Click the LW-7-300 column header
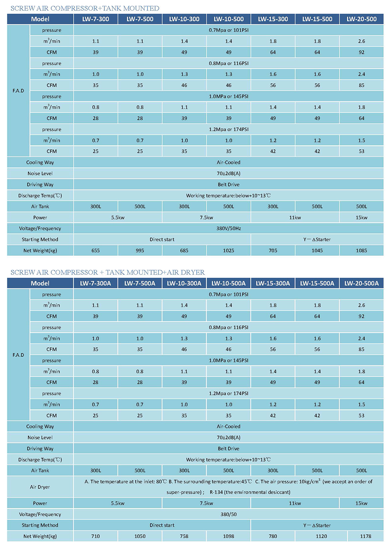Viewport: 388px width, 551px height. (96, 19)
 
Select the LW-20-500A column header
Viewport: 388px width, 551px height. (362, 283)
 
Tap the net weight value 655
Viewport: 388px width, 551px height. (96, 250)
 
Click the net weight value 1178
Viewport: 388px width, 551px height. (366, 536)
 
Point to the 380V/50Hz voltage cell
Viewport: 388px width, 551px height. (229, 228)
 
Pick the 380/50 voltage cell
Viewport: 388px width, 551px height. (229, 514)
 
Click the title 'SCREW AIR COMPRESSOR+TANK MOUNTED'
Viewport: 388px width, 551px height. (85, 8)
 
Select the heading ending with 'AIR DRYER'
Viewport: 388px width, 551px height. (108, 272)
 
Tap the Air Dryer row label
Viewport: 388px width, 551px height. (40, 487)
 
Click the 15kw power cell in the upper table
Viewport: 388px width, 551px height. (362, 217)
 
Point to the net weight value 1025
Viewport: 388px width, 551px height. (229, 250)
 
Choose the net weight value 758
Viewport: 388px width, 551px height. (184, 536)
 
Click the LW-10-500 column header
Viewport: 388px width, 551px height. (229, 19)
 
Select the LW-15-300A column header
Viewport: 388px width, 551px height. (273, 283)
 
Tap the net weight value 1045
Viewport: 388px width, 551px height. (317, 250)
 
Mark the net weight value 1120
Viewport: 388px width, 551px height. (321, 536)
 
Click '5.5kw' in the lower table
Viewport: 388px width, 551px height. (118, 503)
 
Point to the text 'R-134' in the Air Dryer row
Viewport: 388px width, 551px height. (216, 492)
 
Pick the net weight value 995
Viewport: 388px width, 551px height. (140, 250)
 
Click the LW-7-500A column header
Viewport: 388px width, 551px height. (140, 283)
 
